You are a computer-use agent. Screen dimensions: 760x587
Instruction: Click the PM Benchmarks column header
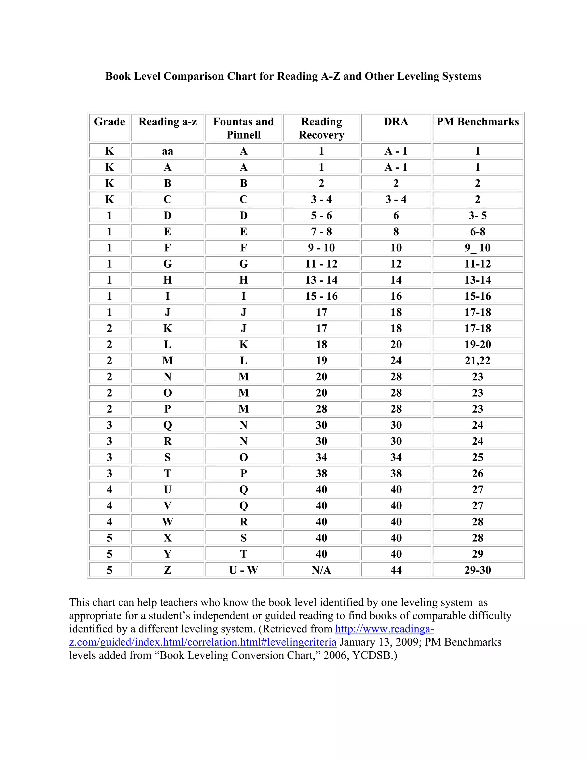coord(478,122)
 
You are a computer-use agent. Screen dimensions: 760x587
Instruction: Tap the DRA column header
coord(396,122)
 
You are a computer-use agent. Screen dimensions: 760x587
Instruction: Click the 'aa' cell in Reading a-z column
coord(167,151)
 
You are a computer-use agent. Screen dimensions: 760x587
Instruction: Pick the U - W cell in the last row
coord(243,570)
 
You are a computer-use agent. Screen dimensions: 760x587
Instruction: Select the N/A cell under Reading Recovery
coord(321,570)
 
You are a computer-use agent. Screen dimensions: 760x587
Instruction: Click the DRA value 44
coord(396,570)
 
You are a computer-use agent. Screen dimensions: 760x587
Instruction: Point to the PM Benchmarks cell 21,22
coord(478,360)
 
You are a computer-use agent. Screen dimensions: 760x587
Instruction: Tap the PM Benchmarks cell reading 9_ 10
coord(478,248)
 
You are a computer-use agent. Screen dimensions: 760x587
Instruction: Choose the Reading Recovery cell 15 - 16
coord(321,296)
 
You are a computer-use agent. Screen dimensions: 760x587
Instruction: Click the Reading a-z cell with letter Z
coord(167,570)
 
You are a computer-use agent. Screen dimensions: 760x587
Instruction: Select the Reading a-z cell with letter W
coord(167,522)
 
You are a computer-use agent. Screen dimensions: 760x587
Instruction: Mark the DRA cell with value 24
coord(396,360)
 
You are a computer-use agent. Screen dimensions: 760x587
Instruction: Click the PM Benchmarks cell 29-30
coord(478,570)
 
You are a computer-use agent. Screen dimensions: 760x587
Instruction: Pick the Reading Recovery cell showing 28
coord(321,409)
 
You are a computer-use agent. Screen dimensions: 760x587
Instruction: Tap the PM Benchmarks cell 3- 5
coord(478,216)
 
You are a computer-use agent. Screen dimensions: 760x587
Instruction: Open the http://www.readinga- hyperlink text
coord(384,629)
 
